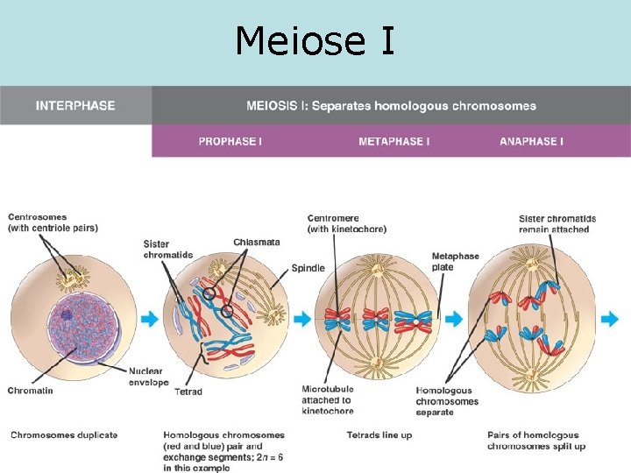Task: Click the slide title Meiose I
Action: (315, 40)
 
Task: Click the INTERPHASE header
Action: (75, 106)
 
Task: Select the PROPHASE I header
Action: (230, 141)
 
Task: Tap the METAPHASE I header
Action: (393, 141)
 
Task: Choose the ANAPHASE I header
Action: (531, 141)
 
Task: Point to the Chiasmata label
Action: (257, 243)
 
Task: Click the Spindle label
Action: (308, 268)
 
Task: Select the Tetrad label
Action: (188, 392)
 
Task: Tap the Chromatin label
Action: (30, 391)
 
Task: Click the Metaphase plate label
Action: (455, 262)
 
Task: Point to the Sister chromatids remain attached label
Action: (557, 224)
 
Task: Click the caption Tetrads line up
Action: (379, 435)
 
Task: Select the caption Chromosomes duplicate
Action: (64, 435)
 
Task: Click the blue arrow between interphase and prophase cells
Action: (150, 320)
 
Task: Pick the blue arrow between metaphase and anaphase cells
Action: (455, 320)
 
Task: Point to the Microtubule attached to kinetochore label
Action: (327, 399)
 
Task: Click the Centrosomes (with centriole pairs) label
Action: (53, 223)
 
